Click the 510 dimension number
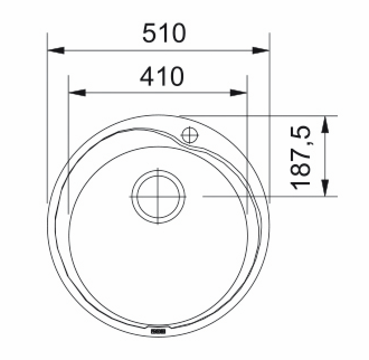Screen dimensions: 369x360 [164, 33]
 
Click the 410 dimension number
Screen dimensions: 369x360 [162, 76]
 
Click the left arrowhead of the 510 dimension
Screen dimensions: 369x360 [56, 50]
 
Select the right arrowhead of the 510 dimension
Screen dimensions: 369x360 [261, 50]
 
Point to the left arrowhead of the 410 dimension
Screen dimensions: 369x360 [77, 93]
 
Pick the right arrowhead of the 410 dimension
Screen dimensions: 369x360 [238, 93]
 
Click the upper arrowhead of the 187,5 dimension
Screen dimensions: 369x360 [325, 124]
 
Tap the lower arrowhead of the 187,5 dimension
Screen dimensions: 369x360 [325, 188]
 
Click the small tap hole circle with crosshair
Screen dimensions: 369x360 [190, 135]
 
